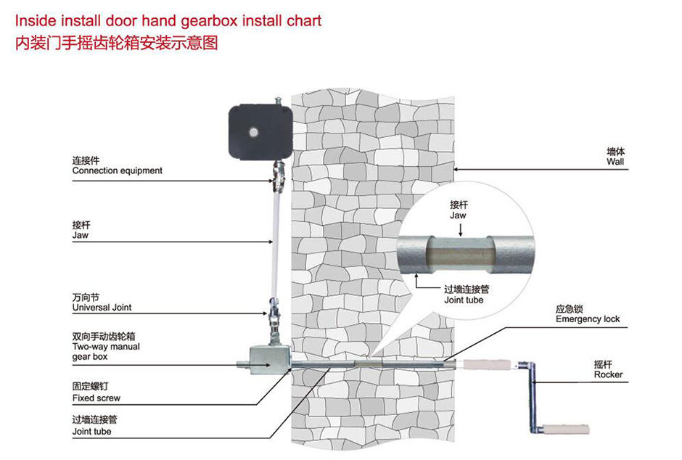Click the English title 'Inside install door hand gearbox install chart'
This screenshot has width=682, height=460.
coord(168,20)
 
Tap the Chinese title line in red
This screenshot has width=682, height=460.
coord(116,42)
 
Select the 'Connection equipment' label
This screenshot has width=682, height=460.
coord(117,171)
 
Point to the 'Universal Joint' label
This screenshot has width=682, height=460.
coord(102,308)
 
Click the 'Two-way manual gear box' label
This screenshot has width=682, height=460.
coord(106,347)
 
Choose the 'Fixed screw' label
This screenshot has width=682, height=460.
coord(96,398)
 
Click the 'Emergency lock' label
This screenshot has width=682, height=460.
coord(588,319)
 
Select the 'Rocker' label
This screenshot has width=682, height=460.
coord(608,374)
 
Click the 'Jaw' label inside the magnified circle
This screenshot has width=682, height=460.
coord(458,215)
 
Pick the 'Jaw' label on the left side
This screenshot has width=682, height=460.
coord(80,235)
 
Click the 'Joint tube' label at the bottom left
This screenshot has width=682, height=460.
coord(91,432)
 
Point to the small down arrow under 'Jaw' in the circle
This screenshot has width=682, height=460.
coord(459,229)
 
